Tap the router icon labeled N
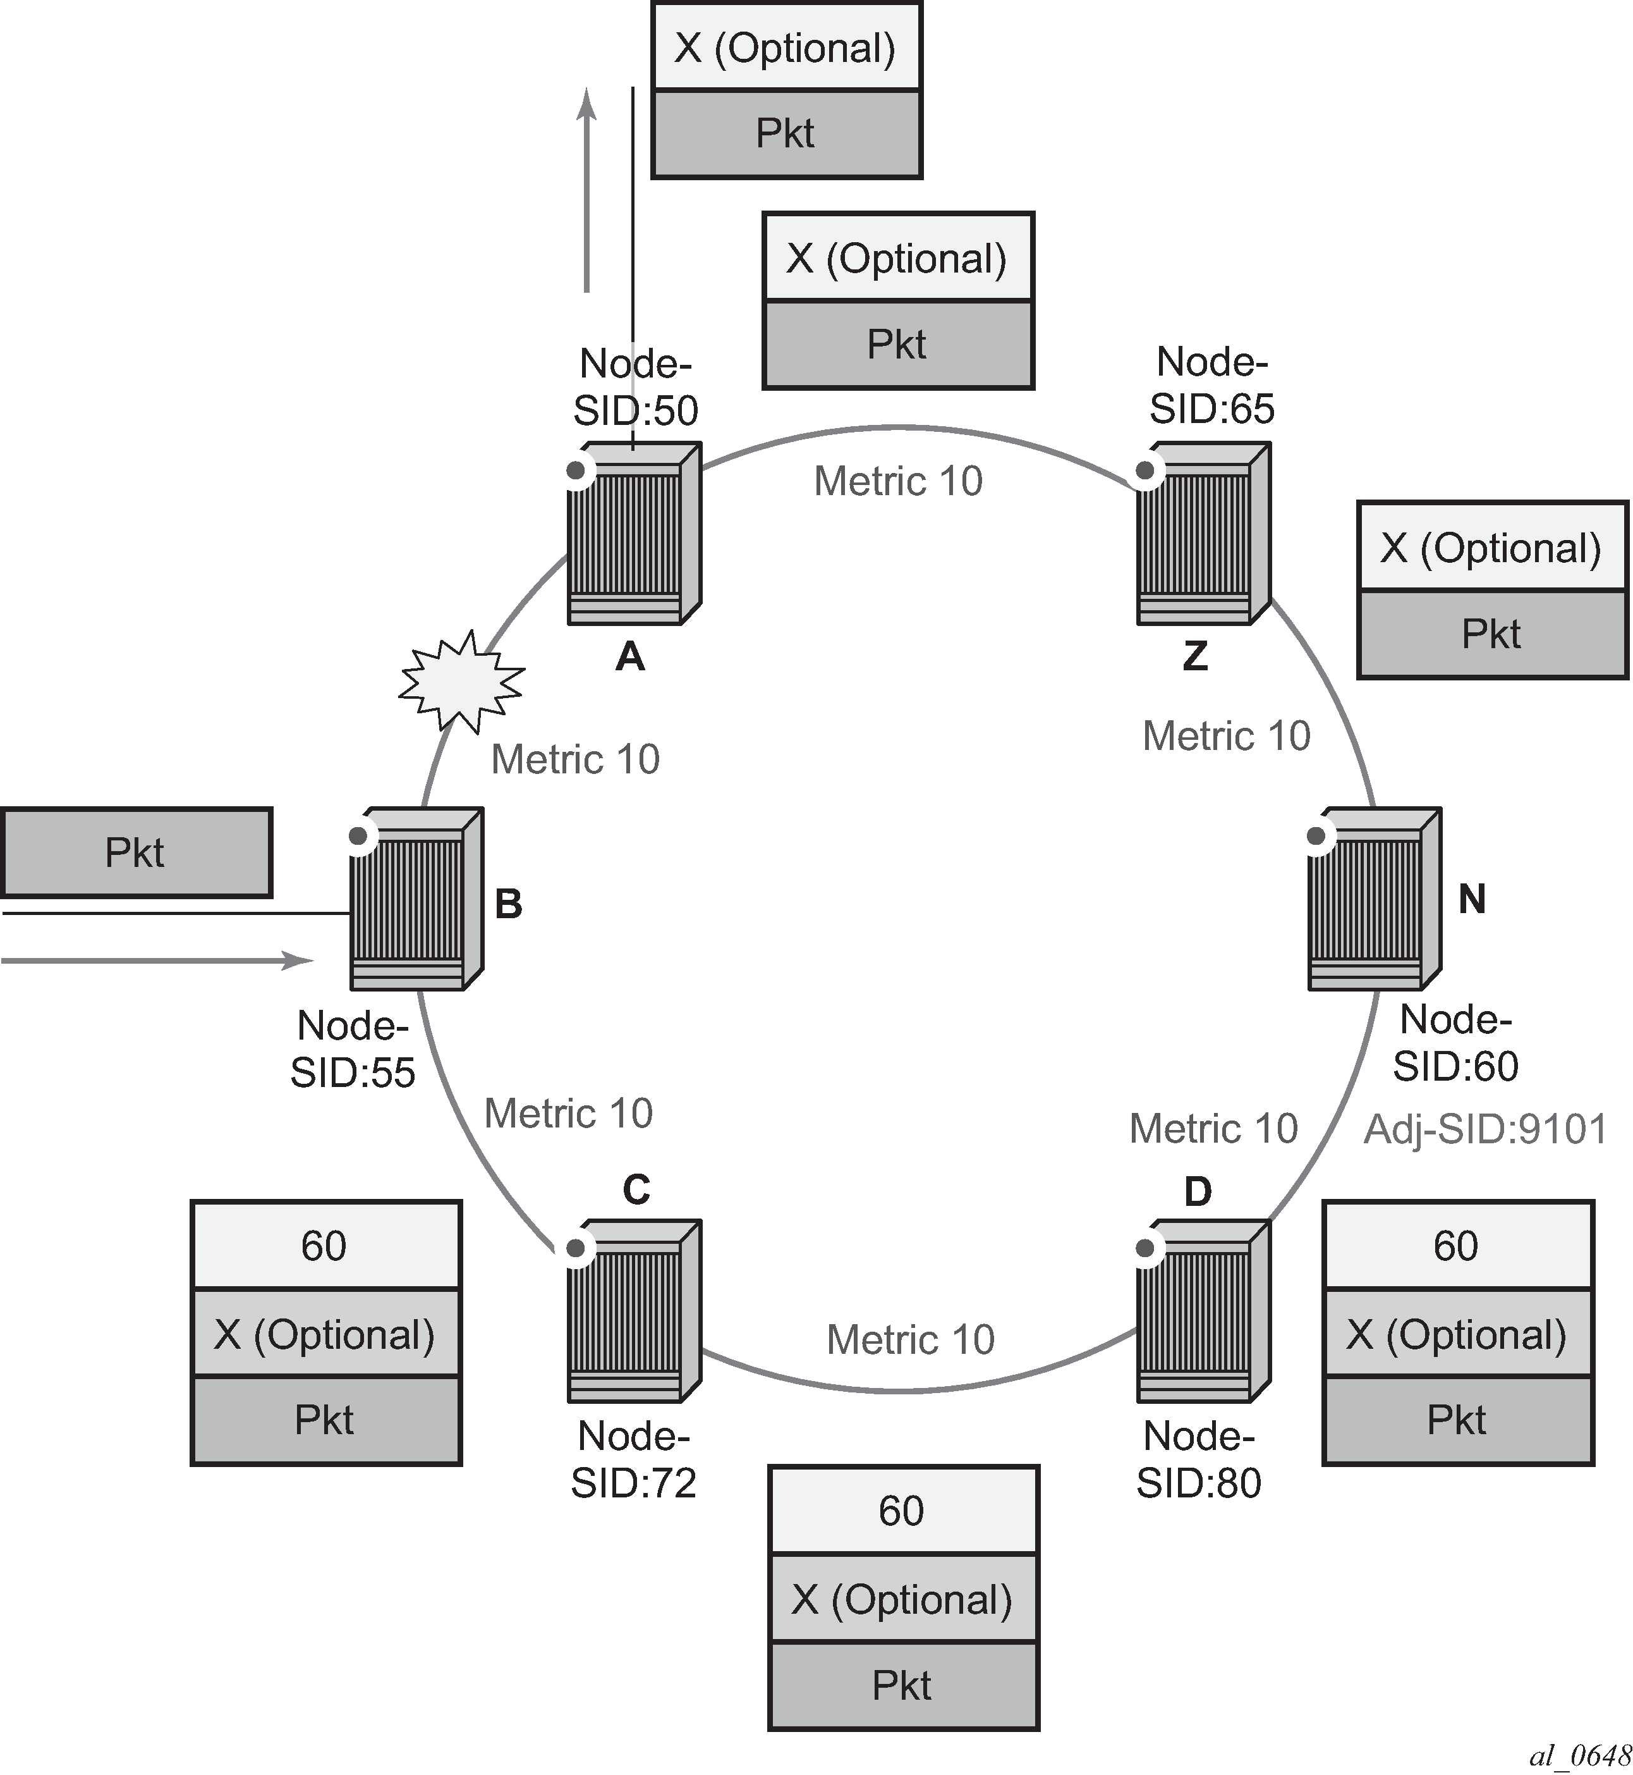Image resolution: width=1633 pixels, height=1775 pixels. click(x=1373, y=900)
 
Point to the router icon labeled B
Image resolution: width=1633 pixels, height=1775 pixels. click(x=415, y=900)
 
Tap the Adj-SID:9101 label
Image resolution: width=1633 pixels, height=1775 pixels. click(x=1484, y=1130)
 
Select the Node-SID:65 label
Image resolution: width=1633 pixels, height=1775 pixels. click(x=1211, y=385)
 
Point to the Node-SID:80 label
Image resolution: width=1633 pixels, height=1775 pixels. click(x=1198, y=1459)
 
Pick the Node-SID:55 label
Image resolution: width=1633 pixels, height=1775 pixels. click(x=353, y=1049)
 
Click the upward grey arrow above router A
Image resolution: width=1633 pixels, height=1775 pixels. click(x=586, y=190)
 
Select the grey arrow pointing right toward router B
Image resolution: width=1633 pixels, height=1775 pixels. click(x=157, y=960)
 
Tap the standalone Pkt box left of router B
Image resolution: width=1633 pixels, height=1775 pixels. click(x=136, y=853)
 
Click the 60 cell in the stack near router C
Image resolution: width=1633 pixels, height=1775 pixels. click(x=325, y=1246)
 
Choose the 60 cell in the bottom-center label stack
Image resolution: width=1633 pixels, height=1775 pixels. click(x=902, y=1511)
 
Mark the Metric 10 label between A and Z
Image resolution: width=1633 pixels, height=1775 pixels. click(x=898, y=482)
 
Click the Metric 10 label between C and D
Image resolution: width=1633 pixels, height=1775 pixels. click(x=910, y=1340)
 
